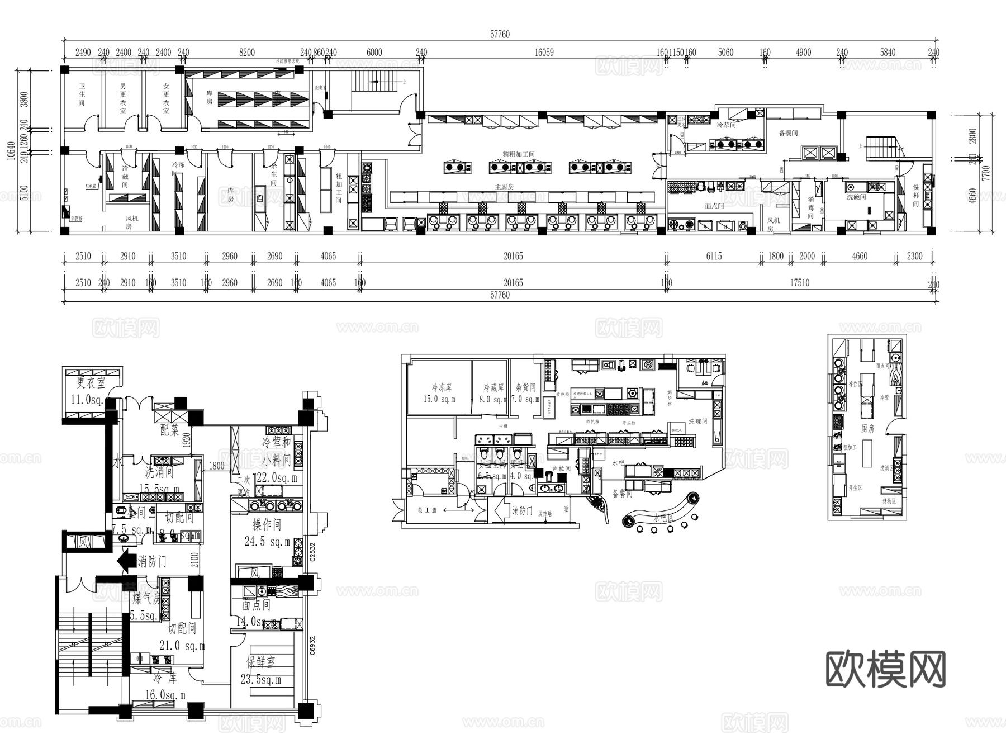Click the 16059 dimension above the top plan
tap(544, 53)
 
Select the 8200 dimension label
tap(246, 53)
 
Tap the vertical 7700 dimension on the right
tap(986, 172)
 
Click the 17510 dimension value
tap(799, 283)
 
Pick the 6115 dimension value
tap(714, 257)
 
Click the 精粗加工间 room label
tap(519, 154)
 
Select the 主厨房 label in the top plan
tap(504, 187)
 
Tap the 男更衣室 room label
tap(123, 99)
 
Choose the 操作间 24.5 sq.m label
tap(267, 533)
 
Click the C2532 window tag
tap(312, 552)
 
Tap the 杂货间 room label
tap(525, 387)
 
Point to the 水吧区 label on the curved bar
tap(663, 518)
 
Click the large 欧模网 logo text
tap(885, 669)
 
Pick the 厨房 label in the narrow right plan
tap(867, 429)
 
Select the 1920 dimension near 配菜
tap(187, 441)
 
